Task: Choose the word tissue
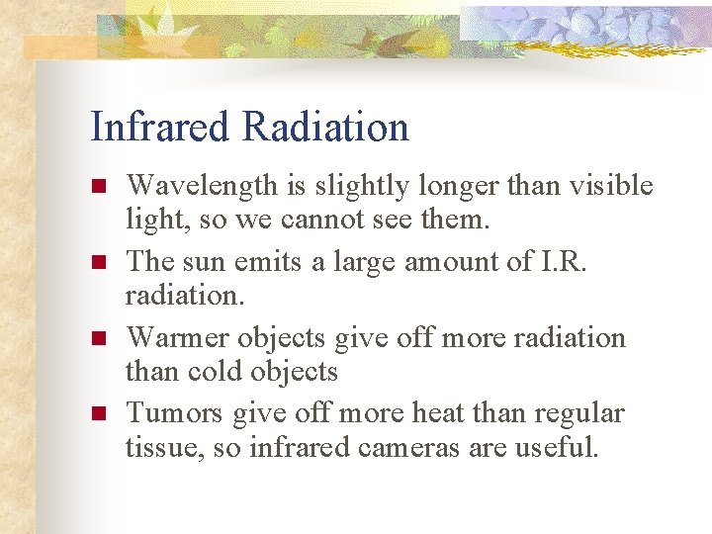155,448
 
